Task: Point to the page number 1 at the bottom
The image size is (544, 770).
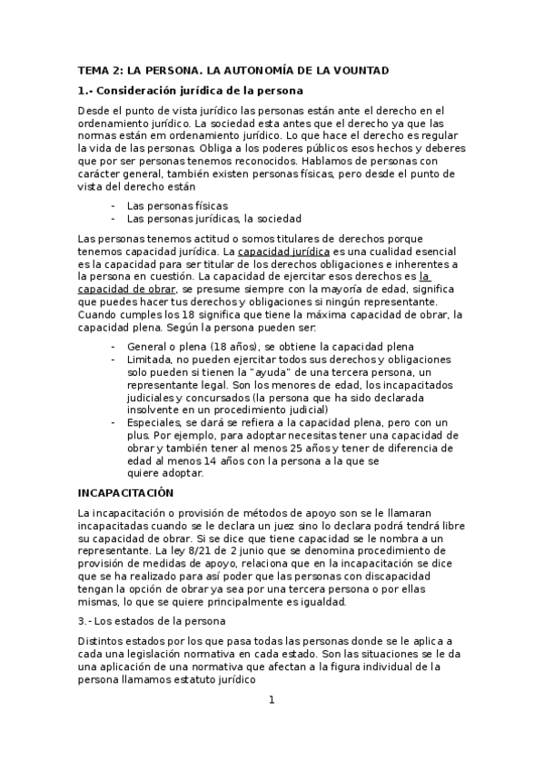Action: tap(272, 700)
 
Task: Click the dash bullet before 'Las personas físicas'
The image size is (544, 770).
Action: tap(113, 206)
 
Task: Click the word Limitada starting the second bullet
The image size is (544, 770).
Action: tap(150, 360)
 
